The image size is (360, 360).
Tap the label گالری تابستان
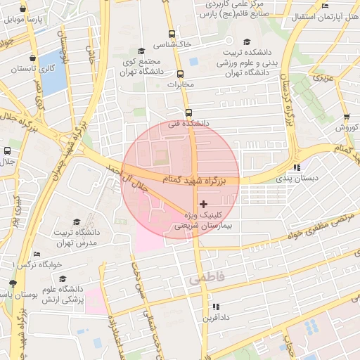click(36, 68)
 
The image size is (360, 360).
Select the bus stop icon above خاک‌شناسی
click(172, 33)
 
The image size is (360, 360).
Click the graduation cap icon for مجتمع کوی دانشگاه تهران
click(141, 51)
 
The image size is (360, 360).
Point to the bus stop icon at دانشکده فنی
click(188, 112)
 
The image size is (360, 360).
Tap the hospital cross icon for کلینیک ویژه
click(204, 203)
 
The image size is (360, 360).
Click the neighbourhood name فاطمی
click(206, 278)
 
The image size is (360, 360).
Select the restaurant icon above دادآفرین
click(216, 307)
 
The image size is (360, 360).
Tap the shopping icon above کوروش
click(346, 117)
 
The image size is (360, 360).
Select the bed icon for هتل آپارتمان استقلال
click(325, 6)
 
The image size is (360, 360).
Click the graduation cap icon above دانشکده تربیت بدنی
click(234, 42)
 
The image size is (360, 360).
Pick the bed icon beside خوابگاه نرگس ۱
click(37, 254)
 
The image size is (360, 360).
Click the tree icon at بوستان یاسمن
click(13, 283)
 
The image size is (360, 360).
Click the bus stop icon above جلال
click(7, 150)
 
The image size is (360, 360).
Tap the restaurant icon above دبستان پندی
click(297, 167)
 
